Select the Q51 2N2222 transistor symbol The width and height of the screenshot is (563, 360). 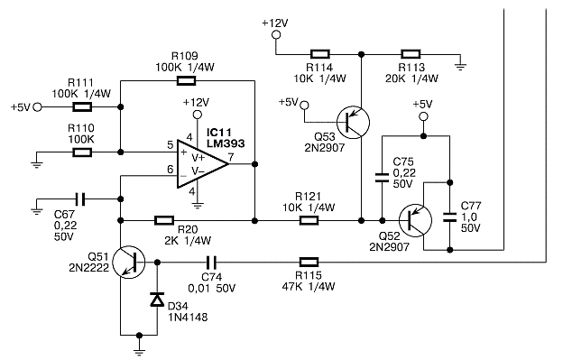[129, 263]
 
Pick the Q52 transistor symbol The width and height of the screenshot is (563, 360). [415, 220]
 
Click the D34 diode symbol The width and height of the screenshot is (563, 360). [157, 300]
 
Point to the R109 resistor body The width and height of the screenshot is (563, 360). [187, 81]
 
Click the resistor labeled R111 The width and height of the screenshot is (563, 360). [82, 107]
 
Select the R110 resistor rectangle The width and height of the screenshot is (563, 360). [82, 152]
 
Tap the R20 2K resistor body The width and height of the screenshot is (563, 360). [164, 220]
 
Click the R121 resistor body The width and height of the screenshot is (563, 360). [309, 220]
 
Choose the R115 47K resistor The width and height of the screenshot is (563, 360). [309, 263]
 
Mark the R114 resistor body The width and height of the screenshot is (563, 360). [319, 54]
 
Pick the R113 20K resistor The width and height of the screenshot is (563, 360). [411, 54]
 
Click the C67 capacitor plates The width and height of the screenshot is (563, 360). [80, 198]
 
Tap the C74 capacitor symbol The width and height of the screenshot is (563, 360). [211, 263]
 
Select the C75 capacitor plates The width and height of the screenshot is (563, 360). [382, 178]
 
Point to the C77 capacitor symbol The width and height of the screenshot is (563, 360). [450, 217]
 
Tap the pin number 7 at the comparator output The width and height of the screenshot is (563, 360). [231, 157]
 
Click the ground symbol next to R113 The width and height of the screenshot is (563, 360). [460, 67]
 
